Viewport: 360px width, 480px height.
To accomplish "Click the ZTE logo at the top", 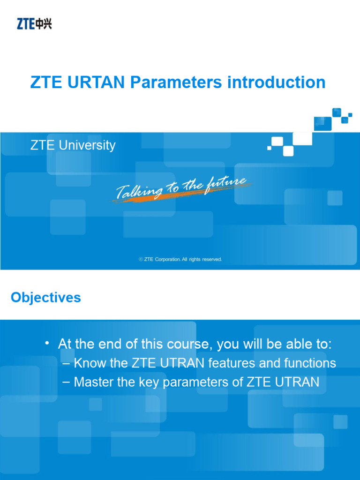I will pyautogui.click(x=34, y=23).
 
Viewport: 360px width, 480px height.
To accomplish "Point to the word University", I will pyautogui.click(x=87, y=145).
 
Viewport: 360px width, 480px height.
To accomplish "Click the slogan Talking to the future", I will pyautogui.click(x=180, y=187).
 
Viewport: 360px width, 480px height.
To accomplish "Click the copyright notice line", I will pyautogui.click(x=180, y=259).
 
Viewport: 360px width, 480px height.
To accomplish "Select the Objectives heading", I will pyautogui.click(x=46, y=298).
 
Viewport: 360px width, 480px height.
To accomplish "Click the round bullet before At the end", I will pyautogui.click(x=47, y=344).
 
